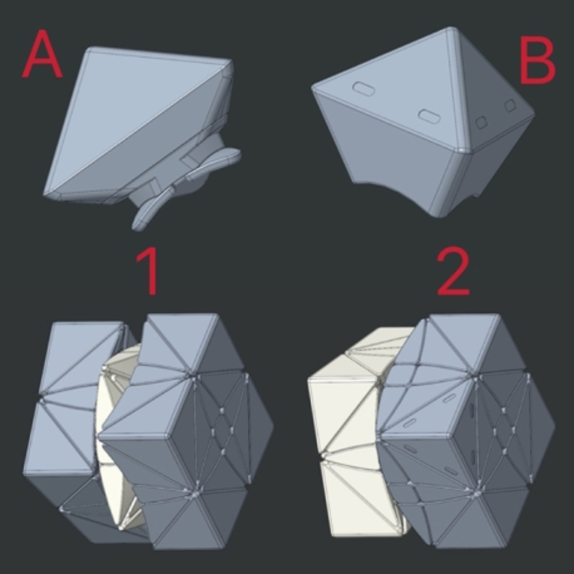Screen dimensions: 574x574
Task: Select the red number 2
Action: pyautogui.click(x=453, y=272)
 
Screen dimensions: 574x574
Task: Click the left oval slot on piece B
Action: pyautogui.click(x=363, y=88)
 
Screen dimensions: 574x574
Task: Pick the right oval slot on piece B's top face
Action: pyautogui.click(x=429, y=116)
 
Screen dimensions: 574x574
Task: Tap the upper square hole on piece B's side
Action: pyautogui.click(x=510, y=106)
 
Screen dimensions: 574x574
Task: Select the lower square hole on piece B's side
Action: pyautogui.click(x=482, y=122)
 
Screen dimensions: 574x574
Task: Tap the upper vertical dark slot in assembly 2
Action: pyautogui.click(x=471, y=411)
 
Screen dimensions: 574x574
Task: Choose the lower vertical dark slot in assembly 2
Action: pyautogui.click(x=472, y=457)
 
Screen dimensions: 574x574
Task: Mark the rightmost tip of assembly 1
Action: pyautogui.click(x=273, y=426)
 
